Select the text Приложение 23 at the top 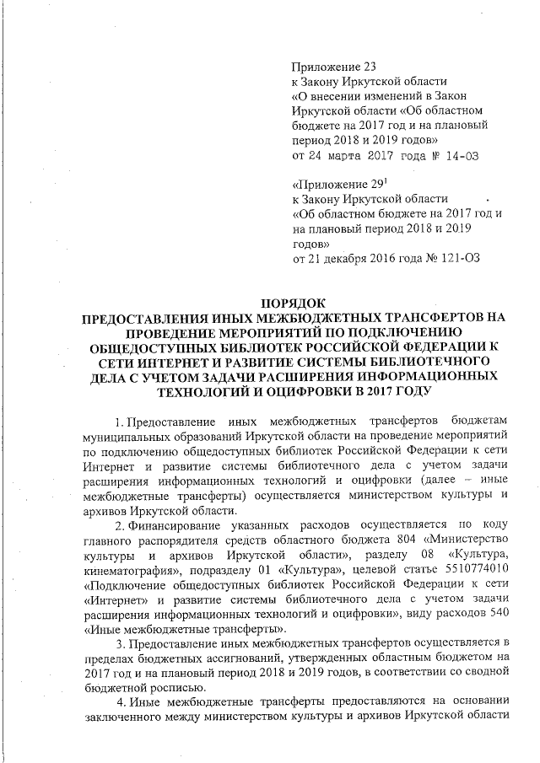[x=332, y=67]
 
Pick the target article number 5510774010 [x=473, y=569]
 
